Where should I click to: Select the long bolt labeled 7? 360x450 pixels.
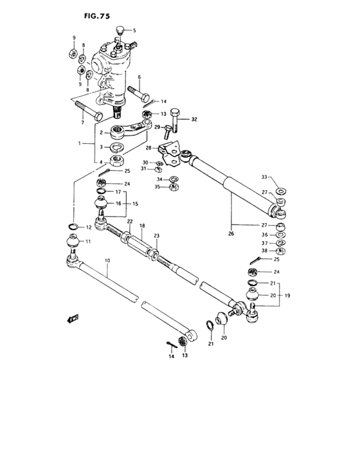(x=87, y=110)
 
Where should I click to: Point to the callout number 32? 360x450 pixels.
(x=194, y=120)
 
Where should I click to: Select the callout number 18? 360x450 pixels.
(x=142, y=226)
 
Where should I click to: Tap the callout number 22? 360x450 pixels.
(x=129, y=222)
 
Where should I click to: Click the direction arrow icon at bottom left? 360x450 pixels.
(x=72, y=317)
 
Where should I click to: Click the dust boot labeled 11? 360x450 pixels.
(x=72, y=243)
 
